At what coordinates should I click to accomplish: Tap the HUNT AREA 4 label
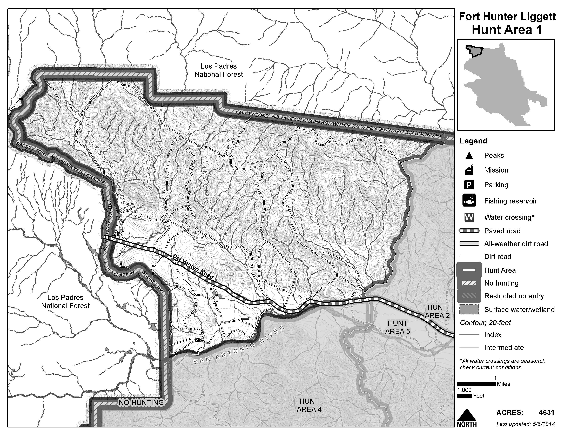point(309,405)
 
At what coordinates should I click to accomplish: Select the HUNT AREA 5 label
point(397,327)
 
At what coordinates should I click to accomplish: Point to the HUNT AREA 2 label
point(437,312)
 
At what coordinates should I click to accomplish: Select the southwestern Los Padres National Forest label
point(65,301)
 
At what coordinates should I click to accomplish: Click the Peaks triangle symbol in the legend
point(469,155)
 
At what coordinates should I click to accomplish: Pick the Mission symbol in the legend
point(469,170)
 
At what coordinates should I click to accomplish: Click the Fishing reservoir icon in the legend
point(469,200)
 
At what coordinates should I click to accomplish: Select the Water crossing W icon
point(469,217)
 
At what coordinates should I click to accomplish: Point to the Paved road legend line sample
point(469,231)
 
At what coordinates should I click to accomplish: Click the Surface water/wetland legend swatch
point(469,309)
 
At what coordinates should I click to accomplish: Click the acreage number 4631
point(546,413)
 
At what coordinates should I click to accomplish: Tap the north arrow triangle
point(466,415)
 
